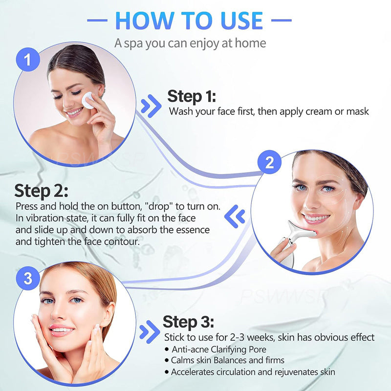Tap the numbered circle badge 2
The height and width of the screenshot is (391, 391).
pyautogui.click(x=269, y=163)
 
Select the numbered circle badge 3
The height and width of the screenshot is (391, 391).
pyautogui.click(x=27, y=279)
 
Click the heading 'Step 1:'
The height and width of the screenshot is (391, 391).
pyautogui.click(x=192, y=96)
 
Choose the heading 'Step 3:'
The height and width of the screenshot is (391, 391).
pyautogui.click(x=188, y=322)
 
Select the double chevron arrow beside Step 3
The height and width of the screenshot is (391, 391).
pyautogui.click(x=149, y=332)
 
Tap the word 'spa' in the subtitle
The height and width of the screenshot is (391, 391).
pyautogui.click(x=134, y=43)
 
